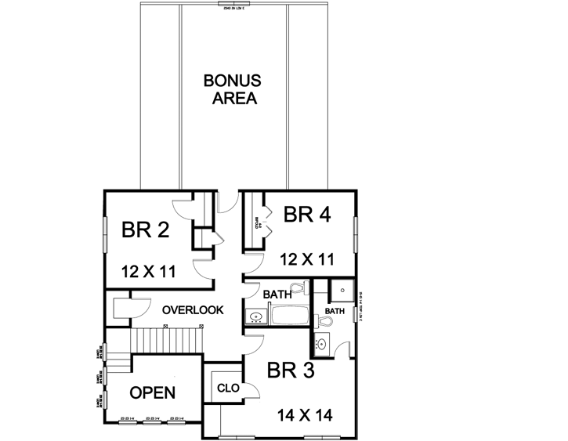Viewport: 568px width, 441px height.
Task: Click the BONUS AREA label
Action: [232, 89]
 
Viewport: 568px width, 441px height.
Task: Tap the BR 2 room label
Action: [146, 231]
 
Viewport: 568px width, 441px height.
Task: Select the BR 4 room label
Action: [306, 214]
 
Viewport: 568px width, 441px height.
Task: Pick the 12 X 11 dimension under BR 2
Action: [149, 271]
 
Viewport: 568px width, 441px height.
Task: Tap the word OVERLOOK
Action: [193, 310]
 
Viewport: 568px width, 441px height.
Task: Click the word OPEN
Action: [152, 392]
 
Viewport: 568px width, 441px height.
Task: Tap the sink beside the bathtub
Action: [255, 316]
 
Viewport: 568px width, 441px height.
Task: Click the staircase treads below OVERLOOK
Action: [157, 341]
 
